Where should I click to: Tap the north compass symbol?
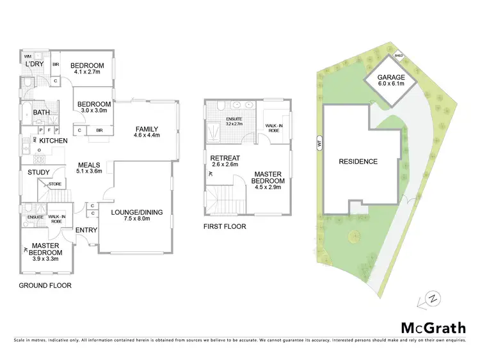pos(433,298)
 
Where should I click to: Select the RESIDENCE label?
pos(358,162)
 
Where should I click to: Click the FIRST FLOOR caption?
pos(225,226)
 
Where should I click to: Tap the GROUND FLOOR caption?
pos(45,286)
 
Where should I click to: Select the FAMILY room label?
pos(146,129)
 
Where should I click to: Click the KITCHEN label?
pos(54,140)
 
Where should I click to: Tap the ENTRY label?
pos(85,230)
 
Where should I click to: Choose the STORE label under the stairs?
pos(54,185)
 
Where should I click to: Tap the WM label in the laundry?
pos(28,56)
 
